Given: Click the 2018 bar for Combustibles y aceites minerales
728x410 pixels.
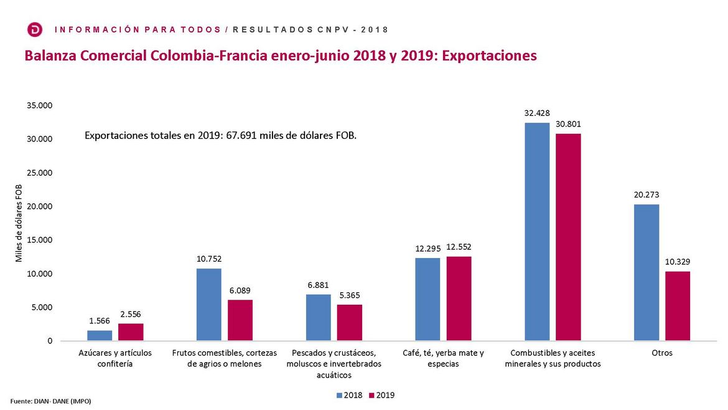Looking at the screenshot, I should tap(537, 232).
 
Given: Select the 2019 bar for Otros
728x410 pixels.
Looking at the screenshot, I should tap(678, 306).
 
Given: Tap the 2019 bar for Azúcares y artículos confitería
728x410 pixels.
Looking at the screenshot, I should tap(131, 332).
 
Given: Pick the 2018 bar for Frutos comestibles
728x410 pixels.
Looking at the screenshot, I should tap(209, 305).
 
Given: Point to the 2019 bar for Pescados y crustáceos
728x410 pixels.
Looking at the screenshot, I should tap(350, 323).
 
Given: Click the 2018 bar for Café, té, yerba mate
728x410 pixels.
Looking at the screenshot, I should tap(427, 299).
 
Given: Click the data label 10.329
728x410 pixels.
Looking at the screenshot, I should tap(678, 262).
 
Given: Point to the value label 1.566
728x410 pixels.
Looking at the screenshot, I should tap(100, 320).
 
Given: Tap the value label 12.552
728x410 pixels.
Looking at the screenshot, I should tap(459, 247).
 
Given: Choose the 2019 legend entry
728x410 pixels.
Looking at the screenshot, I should tap(381, 395).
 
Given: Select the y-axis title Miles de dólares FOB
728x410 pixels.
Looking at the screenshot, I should tap(19, 223).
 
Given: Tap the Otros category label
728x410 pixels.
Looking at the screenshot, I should tap(662, 353).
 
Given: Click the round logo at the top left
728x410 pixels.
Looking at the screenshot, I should tap(35, 29).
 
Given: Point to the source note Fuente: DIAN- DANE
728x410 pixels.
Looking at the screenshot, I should tap(51, 401).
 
